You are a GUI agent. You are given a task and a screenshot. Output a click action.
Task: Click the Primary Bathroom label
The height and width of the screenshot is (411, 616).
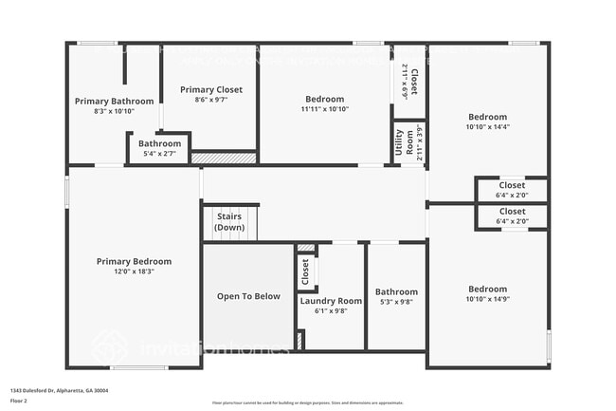(114, 101)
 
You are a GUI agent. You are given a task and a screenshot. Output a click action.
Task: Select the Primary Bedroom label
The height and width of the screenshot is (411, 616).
(134, 262)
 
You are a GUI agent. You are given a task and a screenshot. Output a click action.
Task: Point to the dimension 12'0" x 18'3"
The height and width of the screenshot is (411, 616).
(134, 271)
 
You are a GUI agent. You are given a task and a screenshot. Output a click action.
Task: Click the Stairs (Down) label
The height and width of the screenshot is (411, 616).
(229, 222)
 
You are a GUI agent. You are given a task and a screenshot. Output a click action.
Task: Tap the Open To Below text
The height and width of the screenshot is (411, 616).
(248, 296)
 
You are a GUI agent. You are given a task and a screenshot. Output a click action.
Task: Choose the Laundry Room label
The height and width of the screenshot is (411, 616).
(331, 301)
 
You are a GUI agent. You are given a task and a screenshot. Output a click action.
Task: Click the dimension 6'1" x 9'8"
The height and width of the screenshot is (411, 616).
(331, 310)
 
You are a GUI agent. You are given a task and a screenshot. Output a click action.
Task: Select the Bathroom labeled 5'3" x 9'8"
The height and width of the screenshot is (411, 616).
(396, 292)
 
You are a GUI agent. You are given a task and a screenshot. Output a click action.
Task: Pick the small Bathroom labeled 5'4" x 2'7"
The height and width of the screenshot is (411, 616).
(159, 143)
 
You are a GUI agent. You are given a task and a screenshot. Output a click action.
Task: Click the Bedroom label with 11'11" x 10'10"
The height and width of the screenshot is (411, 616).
(324, 99)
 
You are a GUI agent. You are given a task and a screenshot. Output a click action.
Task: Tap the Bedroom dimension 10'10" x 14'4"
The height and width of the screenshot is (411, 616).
(487, 126)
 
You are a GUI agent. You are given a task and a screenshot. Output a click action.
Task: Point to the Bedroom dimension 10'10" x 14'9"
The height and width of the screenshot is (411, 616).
(487, 299)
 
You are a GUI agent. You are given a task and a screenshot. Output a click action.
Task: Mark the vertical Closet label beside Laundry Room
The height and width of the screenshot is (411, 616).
(305, 272)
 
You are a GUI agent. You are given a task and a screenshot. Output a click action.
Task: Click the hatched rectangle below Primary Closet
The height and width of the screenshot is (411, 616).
(224, 158)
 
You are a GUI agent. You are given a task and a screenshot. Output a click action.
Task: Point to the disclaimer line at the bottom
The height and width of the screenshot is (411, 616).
(307, 402)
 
